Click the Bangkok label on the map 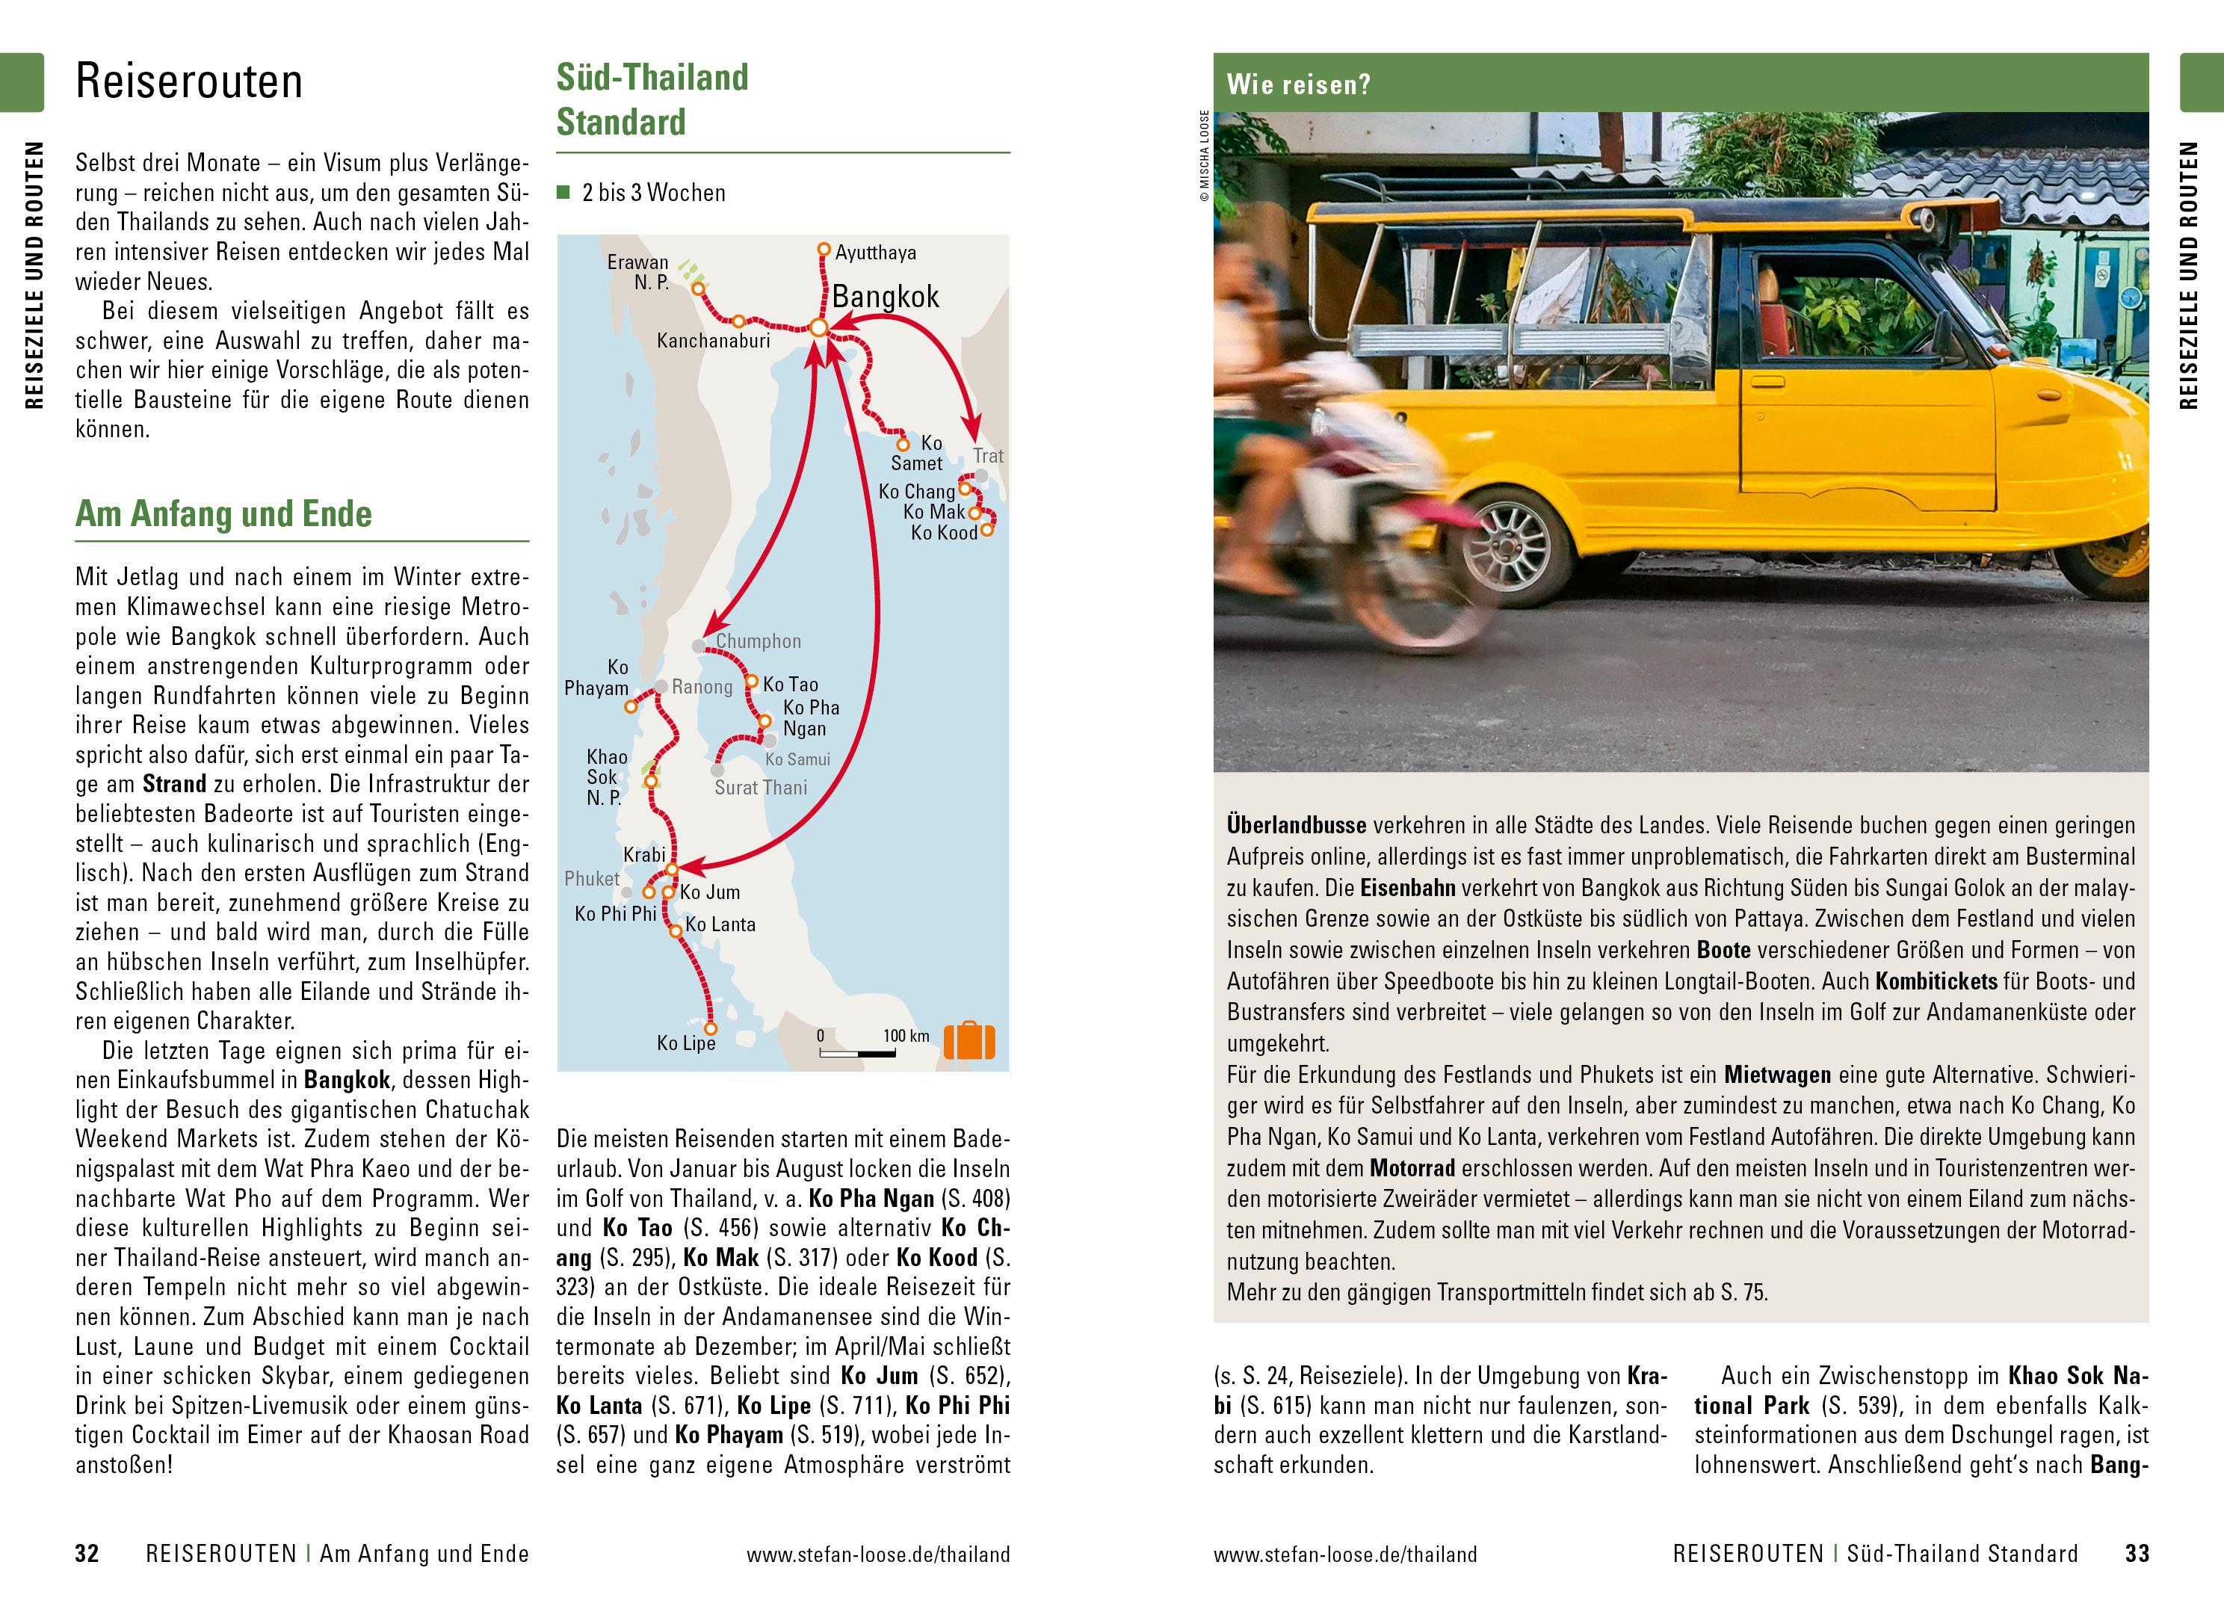(x=886, y=297)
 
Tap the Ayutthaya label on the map (x=876, y=253)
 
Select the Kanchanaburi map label (x=714, y=341)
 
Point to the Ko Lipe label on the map (x=686, y=1043)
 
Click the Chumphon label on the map (x=758, y=641)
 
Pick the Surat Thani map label (x=761, y=788)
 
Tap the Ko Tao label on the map (x=790, y=685)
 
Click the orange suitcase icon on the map (x=969, y=1041)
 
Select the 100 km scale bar (x=858, y=1054)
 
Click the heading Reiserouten (x=188, y=81)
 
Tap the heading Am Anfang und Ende (x=224, y=514)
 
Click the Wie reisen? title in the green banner (x=1298, y=84)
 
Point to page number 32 (x=87, y=1553)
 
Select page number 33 (x=2137, y=1553)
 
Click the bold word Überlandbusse (x=1297, y=825)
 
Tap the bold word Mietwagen (x=1777, y=1075)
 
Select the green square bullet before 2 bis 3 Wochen (x=563, y=193)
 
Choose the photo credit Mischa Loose (x=1204, y=157)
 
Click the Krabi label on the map (x=645, y=855)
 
